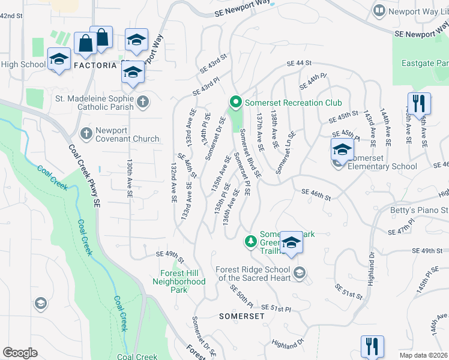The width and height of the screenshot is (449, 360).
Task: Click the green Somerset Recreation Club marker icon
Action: click(235, 103)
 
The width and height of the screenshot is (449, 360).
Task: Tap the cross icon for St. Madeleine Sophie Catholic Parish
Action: click(143, 102)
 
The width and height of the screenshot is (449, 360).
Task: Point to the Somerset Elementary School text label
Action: click(382, 167)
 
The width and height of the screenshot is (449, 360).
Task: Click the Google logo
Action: click(20, 353)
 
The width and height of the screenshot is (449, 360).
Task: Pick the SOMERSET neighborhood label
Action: click(241, 316)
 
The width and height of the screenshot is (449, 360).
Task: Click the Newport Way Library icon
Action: click(379, 10)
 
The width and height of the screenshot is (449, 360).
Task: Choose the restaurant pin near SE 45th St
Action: click(418, 103)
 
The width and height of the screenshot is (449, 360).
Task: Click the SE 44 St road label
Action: click(300, 63)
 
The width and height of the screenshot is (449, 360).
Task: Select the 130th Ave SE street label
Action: click(129, 179)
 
